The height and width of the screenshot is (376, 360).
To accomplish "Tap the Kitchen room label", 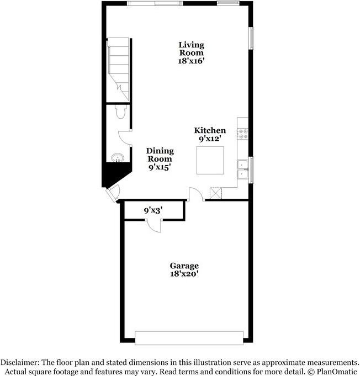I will click(209, 131).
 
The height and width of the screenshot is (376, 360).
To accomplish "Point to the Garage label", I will click(184, 266).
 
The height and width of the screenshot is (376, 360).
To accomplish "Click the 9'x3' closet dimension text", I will click(153, 210).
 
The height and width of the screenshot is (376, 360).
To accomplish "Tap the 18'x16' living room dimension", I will click(191, 62).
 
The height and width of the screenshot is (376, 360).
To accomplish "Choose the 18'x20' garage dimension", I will click(184, 273).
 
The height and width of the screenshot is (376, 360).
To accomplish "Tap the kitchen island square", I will click(210, 160).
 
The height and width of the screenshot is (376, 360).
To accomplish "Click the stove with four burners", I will click(242, 133).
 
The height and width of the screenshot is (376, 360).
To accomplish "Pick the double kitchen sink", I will click(242, 170).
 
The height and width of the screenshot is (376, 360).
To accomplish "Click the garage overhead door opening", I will click(189, 337).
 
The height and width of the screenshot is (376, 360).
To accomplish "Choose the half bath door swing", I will click(126, 138).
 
